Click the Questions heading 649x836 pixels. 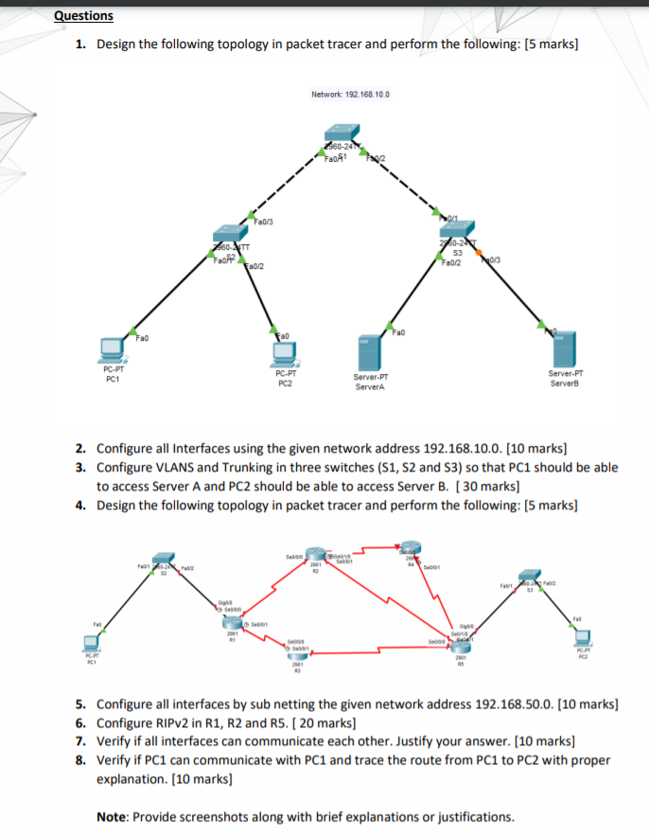(83, 16)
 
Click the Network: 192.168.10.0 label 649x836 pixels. (349, 95)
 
